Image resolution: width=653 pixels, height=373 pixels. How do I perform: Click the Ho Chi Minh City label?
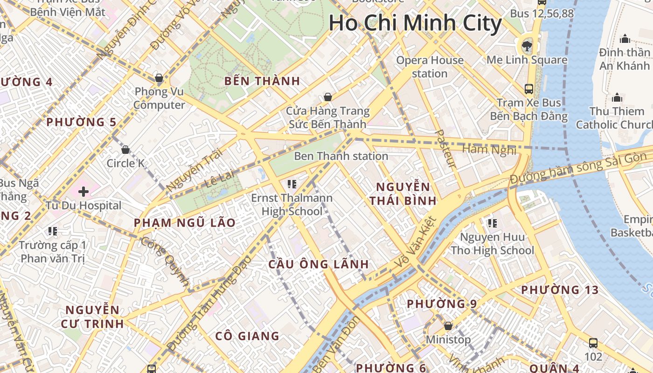[415, 23]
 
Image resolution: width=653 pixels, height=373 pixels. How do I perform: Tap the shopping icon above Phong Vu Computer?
[159, 78]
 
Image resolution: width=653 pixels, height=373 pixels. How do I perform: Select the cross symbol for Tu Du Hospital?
[83, 192]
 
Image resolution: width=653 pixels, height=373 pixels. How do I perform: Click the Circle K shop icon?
[125, 150]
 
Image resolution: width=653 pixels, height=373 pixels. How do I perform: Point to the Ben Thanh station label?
[341, 156]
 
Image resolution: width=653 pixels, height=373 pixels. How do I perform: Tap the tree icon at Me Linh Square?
[527, 46]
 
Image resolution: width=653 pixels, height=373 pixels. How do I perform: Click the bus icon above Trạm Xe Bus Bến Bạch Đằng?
[529, 89]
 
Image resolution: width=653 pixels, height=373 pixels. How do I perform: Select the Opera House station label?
[430, 67]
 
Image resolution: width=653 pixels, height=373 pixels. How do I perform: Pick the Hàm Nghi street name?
[489, 150]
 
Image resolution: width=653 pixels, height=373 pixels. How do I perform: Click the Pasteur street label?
[445, 148]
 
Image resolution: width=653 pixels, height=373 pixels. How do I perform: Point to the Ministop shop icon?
[448, 326]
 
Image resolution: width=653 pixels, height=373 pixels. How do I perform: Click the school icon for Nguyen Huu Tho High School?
[492, 223]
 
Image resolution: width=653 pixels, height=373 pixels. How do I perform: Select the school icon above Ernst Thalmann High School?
[292, 184]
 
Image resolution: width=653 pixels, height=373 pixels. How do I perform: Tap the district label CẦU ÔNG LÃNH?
[319, 264]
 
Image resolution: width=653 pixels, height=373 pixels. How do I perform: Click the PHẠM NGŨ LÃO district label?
[185, 223]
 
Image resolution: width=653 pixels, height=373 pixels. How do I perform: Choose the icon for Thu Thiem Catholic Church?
[617, 97]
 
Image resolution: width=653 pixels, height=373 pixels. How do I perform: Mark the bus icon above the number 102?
[593, 343]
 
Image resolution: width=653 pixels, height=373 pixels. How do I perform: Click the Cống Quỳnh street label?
[165, 262]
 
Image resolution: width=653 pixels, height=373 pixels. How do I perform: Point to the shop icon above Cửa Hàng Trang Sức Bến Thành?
[328, 97]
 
